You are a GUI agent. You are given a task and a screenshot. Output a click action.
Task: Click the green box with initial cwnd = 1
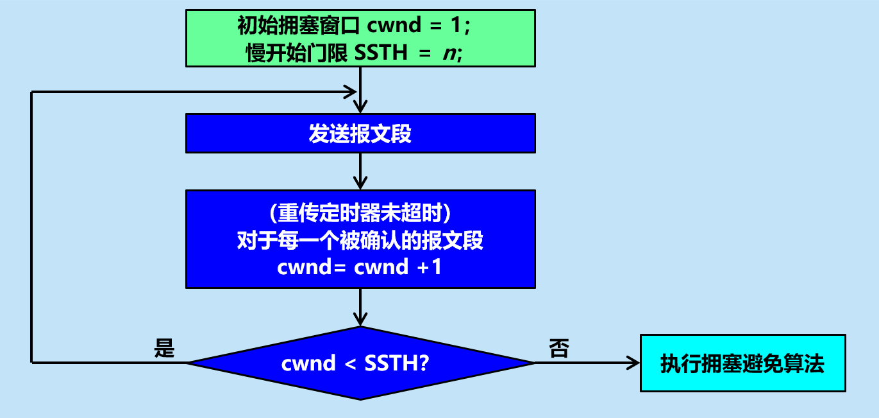[x=360, y=38]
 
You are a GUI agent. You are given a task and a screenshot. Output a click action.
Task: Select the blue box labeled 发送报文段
[x=360, y=134]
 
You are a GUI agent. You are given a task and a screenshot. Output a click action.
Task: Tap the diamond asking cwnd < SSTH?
[x=360, y=363]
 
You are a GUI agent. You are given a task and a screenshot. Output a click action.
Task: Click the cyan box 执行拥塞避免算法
[x=742, y=363]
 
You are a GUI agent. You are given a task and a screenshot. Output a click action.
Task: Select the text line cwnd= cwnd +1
[x=360, y=267]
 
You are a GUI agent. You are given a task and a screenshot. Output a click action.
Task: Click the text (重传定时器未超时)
[x=360, y=213]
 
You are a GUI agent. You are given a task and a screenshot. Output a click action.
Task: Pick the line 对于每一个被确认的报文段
[x=360, y=240]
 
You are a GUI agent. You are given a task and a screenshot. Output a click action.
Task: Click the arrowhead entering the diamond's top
[x=360, y=319]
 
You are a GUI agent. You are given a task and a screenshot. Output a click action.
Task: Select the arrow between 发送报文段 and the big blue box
[x=360, y=171]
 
